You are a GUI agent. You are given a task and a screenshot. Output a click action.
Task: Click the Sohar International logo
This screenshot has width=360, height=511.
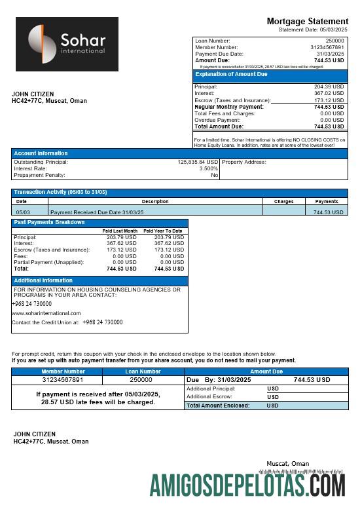click(x=67, y=44)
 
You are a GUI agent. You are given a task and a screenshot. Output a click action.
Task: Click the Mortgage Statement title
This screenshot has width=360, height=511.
click(x=307, y=22)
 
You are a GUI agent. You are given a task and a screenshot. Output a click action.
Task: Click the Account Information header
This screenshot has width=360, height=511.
click(x=41, y=153)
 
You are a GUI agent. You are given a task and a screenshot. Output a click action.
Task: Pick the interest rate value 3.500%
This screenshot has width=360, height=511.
click(x=209, y=168)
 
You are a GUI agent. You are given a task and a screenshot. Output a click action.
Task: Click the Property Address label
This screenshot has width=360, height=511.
click(x=244, y=162)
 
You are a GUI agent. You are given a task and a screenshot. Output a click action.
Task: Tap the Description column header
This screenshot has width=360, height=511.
click(x=155, y=202)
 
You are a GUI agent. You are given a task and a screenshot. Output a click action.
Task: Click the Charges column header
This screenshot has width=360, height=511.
click(x=283, y=202)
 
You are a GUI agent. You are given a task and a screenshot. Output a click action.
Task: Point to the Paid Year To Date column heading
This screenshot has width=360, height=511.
click(x=163, y=231)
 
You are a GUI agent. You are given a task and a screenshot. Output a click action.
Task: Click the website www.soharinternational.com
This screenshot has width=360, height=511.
click(x=46, y=313)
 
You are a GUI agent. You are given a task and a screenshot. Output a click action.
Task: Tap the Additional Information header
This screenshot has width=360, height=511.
click(x=43, y=280)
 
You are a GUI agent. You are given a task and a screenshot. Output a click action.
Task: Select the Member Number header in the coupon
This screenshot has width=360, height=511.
click(x=63, y=371)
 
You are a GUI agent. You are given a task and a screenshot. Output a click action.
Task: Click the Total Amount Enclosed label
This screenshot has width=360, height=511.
click(x=218, y=406)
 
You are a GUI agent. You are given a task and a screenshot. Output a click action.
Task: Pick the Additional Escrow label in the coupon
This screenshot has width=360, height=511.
click(x=210, y=396)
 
